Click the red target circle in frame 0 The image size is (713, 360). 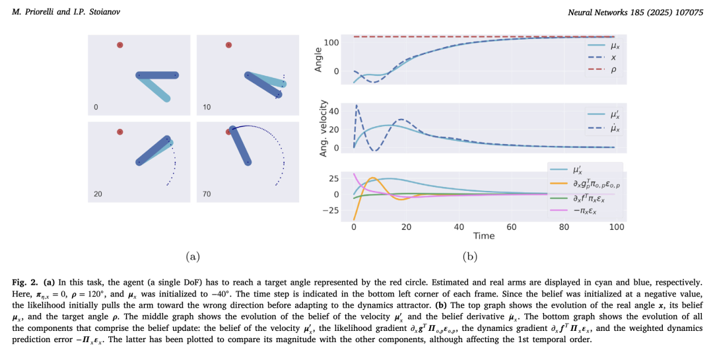click(x=119, y=45)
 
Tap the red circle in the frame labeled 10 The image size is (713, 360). click(x=228, y=45)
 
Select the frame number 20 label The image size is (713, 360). click(x=97, y=194)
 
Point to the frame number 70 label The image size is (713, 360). click(x=206, y=194)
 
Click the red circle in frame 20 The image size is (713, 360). click(x=119, y=132)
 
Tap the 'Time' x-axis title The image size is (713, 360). click(x=483, y=236)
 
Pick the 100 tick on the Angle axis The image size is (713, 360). click(x=331, y=43)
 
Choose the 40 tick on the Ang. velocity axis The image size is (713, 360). click(x=335, y=111)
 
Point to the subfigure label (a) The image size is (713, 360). click(x=192, y=256)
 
